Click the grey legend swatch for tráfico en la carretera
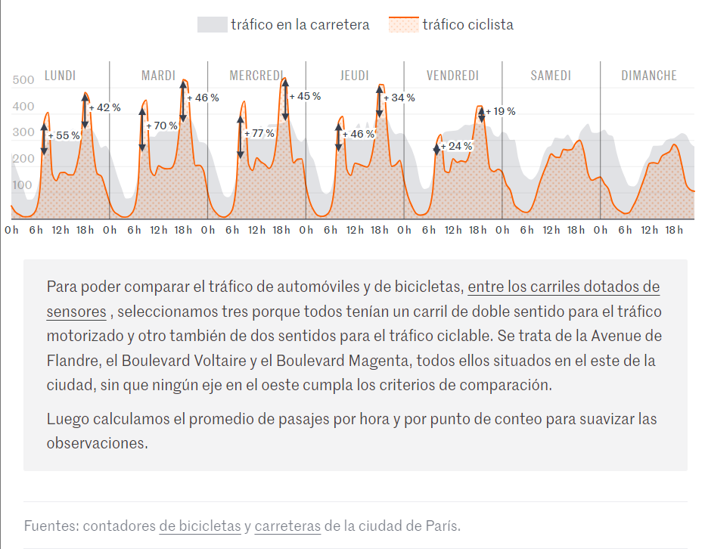point(213,25)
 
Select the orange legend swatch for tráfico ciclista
point(404,25)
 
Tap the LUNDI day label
point(61,76)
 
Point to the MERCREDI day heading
point(256,76)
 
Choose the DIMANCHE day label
point(649,76)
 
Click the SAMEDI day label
point(551,76)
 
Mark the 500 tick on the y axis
point(23,80)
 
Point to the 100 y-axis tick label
point(22,185)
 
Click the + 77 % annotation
point(259,134)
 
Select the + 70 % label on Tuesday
point(162,126)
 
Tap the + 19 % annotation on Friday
point(501,111)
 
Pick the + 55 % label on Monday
point(64,136)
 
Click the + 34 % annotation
point(399,98)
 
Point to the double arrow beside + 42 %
point(85,110)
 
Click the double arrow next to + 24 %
point(436,149)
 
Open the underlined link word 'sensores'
point(76,312)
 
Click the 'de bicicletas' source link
point(200,526)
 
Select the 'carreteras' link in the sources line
point(287,526)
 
